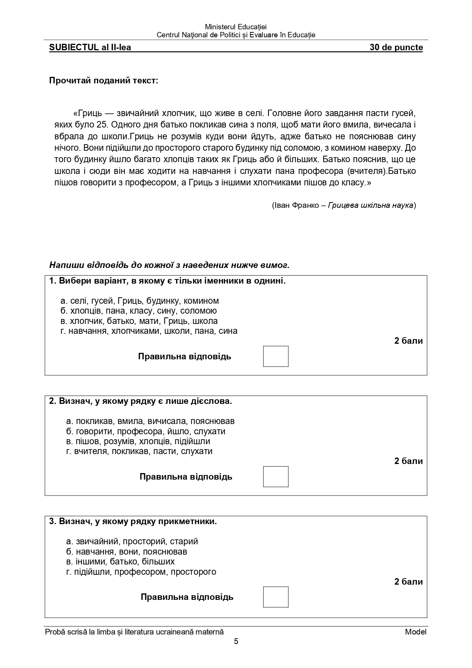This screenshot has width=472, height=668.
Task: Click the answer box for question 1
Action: [x=276, y=356]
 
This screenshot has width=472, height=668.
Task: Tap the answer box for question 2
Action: [x=276, y=477]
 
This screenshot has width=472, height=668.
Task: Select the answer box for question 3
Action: [x=276, y=597]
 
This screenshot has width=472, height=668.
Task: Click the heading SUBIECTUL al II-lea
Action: [x=90, y=48]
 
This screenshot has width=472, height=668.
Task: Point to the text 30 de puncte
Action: [x=396, y=48]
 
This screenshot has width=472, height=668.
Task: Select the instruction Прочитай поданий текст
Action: [x=103, y=81]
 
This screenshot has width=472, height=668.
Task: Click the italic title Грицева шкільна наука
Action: [x=370, y=206]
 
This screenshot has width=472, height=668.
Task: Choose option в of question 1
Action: [x=139, y=321]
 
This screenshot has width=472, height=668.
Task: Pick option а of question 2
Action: [x=150, y=421]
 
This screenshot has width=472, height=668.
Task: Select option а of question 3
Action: [x=132, y=541]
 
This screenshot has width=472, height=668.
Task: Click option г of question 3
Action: [x=141, y=571]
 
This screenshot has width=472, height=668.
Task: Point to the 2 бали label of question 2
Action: [x=408, y=461]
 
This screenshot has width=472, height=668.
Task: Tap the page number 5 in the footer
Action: [x=236, y=641]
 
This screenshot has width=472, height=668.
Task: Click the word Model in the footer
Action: [x=415, y=632]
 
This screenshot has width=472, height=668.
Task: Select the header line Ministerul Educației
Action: [x=236, y=27]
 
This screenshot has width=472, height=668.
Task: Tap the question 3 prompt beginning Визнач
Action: [x=133, y=521]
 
